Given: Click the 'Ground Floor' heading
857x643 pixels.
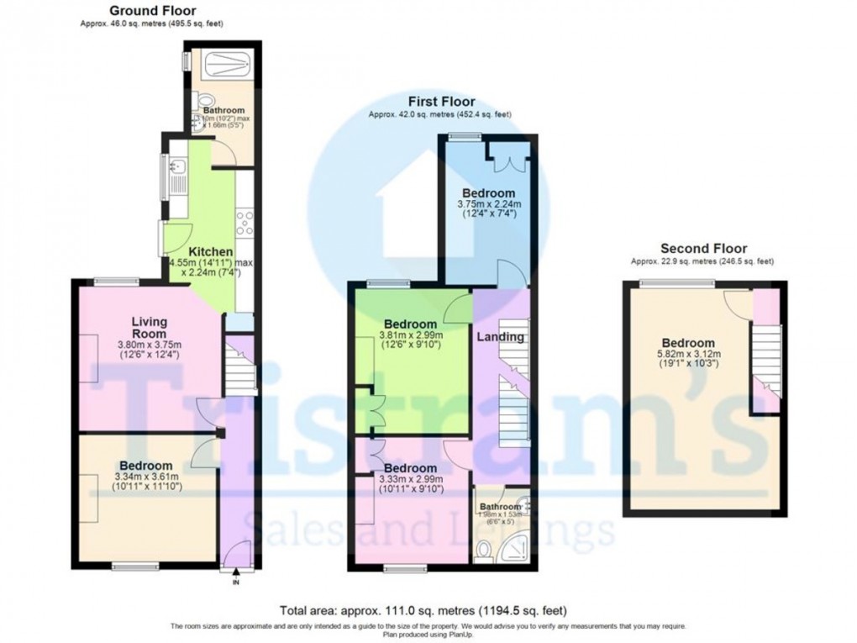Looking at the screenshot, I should (152, 11).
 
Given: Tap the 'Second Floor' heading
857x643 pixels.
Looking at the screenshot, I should (703, 248).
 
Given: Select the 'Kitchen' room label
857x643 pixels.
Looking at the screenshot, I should (205, 251).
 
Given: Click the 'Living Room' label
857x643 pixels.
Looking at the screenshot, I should (148, 328).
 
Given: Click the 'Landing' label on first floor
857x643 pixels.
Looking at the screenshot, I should (501, 337).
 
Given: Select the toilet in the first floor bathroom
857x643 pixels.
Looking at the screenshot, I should (483, 550).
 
